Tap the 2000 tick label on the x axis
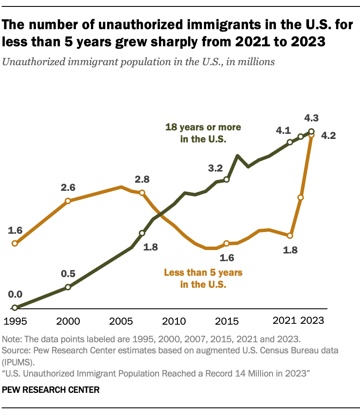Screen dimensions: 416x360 [x=68, y=321]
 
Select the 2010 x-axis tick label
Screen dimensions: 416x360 [x=174, y=321]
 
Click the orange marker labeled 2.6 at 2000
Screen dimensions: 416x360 [x=68, y=201]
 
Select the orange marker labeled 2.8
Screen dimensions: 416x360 [x=142, y=193]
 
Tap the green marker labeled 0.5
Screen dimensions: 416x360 [x=68, y=287]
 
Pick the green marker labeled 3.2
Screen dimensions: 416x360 [x=227, y=180]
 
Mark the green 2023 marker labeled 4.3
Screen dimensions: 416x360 [x=311, y=132]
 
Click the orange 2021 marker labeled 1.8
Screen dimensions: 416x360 [x=290, y=235]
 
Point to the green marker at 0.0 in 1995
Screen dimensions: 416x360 [x=15, y=307]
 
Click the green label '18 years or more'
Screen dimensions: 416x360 [x=203, y=127]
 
